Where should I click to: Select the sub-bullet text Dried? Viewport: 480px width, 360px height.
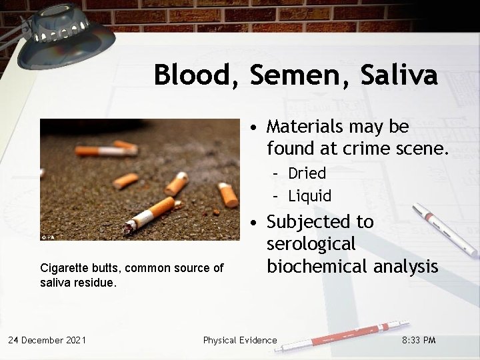[x=307, y=173]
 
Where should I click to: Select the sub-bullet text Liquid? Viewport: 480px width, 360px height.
[x=309, y=196]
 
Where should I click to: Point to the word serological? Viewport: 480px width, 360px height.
[x=311, y=244]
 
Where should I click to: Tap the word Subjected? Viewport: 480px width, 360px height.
[x=321, y=221]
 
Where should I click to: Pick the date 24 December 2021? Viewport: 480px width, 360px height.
[x=47, y=340]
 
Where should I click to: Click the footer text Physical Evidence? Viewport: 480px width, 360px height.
[x=240, y=340]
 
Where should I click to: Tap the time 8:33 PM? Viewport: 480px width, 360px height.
[x=419, y=340]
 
